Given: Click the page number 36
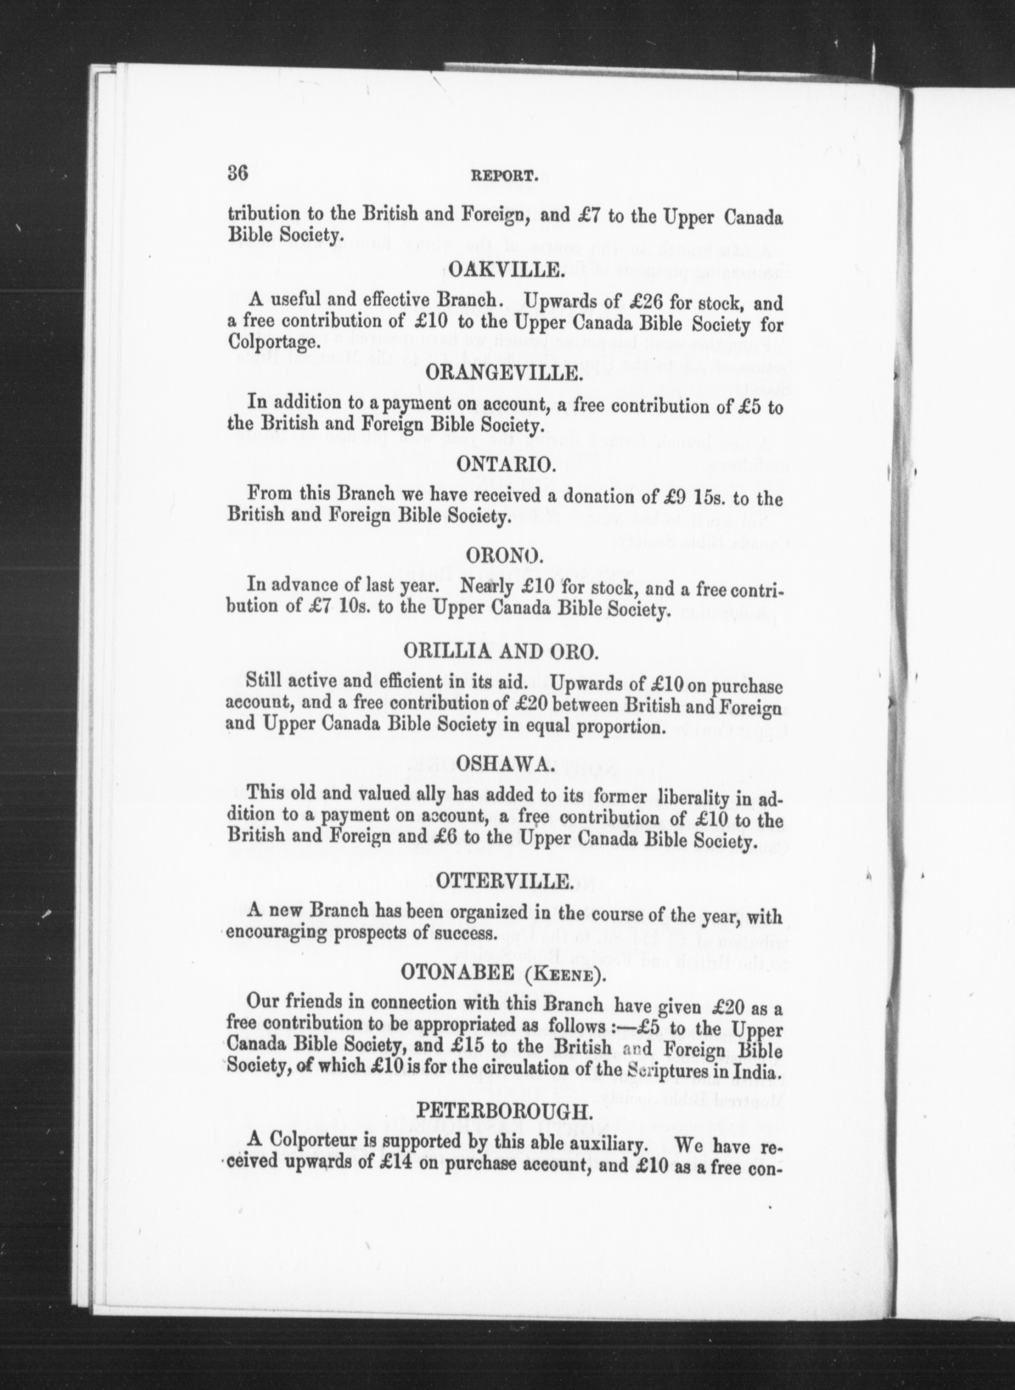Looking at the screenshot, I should pyautogui.click(x=237, y=173).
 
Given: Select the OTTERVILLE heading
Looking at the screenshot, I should pyautogui.click(x=505, y=881).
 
